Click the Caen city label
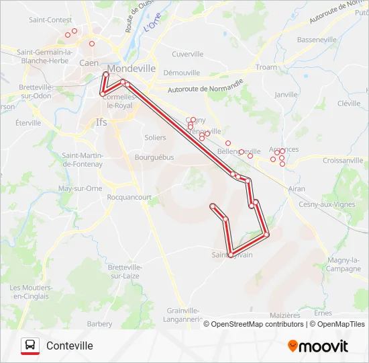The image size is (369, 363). pos(89,63)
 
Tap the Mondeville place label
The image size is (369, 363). pos(131,69)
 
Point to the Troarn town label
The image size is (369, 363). pos(266,67)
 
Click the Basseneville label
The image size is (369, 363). pos(317,40)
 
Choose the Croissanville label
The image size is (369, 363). pos(343,161)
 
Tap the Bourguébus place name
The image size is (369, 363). pos(154,157)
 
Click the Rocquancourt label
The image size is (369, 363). pos(129,197)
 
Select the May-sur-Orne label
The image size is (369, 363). pos(81,188)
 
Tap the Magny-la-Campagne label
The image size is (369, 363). pos(345,264)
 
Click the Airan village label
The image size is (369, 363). pos(295,190)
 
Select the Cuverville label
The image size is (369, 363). pos(187,54)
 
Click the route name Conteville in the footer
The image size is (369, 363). pos(70,346)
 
